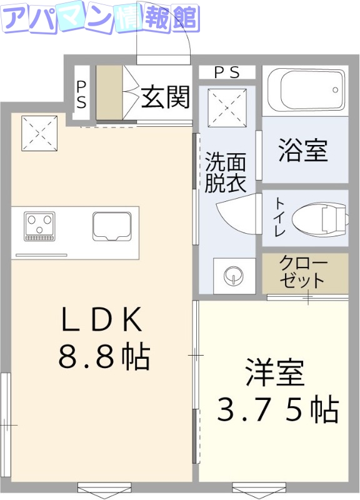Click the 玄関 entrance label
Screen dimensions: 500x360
(165, 97)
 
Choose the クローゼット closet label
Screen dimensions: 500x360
(302, 271)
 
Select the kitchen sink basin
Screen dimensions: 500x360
(112, 226)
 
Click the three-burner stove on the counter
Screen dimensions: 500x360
(39, 226)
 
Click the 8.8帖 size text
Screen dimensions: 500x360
(104, 357)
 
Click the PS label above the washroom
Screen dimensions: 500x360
(226, 72)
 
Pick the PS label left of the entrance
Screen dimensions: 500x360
(81, 93)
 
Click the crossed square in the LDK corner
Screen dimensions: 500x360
(40, 132)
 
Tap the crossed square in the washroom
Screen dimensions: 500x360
(227, 107)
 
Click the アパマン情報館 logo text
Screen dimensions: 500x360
(100, 19)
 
